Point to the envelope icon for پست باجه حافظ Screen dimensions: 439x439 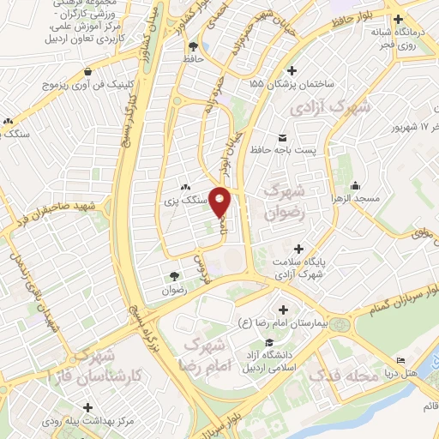coord(282,137)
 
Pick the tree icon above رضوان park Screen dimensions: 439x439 coord(175,276)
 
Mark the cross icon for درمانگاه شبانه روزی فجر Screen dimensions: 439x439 coord(398,19)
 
